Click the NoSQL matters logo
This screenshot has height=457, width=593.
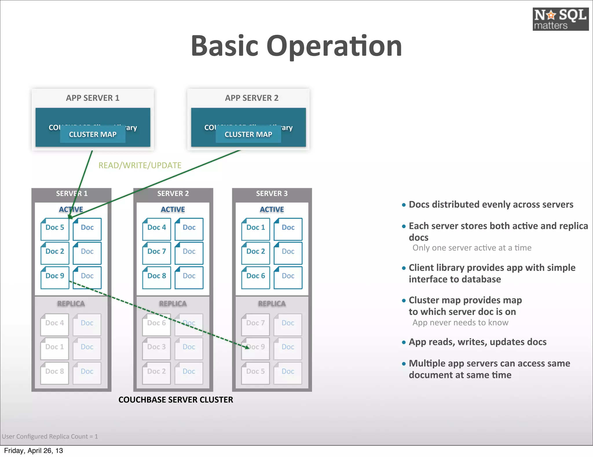(x=560, y=19)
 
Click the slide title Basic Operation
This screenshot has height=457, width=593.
(x=296, y=46)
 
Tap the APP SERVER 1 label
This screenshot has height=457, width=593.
(x=93, y=98)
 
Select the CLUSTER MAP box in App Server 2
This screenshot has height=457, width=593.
(x=248, y=135)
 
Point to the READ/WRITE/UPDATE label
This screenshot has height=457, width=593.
(x=140, y=165)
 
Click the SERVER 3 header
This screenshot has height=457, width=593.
(x=272, y=194)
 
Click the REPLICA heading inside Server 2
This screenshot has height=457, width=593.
(x=173, y=304)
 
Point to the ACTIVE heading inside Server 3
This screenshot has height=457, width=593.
(x=272, y=209)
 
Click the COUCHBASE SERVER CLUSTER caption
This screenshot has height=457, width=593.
(x=175, y=400)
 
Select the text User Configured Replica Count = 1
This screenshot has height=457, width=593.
(x=50, y=436)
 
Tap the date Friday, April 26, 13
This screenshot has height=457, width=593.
(x=33, y=451)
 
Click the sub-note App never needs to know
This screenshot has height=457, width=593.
(x=460, y=323)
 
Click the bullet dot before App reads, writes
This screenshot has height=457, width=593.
(x=404, y=342)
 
